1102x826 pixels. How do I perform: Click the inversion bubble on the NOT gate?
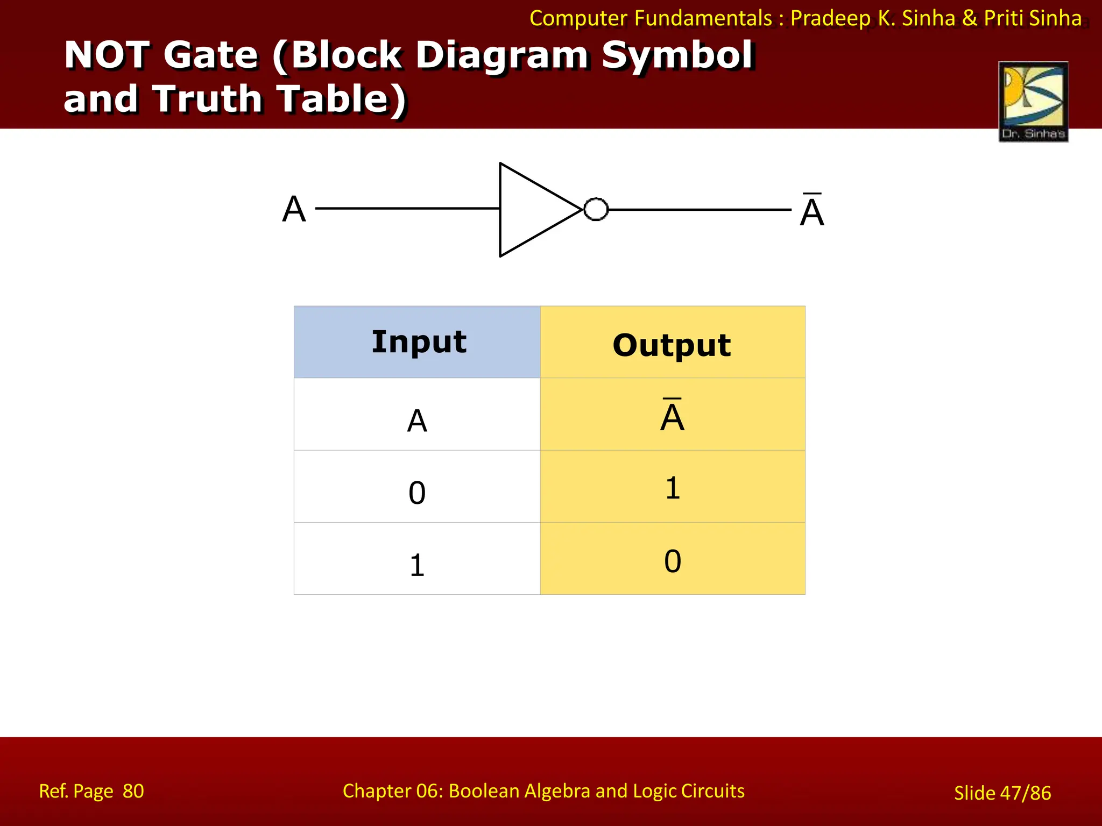(596, 209)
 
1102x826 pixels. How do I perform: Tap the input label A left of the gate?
(294, 209)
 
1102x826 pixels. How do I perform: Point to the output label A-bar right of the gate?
(812, 210)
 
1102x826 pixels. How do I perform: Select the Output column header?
(672, 344)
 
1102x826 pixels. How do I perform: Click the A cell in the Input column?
(417, 421)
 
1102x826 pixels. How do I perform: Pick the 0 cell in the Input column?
(417, 493)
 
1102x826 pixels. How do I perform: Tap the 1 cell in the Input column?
(417, 565)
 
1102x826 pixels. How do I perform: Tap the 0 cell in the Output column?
(673, 561)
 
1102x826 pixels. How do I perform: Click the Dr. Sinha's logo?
(1033, 101)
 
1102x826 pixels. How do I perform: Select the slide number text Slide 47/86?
(1002, 793)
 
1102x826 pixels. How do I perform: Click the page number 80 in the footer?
(133, 791)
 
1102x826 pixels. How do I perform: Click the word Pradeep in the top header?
(830, 18)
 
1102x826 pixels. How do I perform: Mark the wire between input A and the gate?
(407, 208)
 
